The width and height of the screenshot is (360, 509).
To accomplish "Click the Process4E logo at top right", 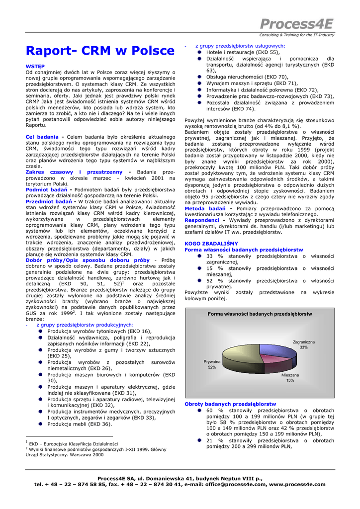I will [x=297, y=24].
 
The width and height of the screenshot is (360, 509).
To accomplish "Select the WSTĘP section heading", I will [x=35, y=66].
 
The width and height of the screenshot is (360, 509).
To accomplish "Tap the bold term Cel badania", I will [x=42, y=137].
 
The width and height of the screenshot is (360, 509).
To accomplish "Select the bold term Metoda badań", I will [x=205, y=208].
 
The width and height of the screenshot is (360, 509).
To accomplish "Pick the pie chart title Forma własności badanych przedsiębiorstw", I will [x=260, y=314].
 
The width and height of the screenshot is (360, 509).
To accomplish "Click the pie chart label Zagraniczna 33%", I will [x=303, y=344].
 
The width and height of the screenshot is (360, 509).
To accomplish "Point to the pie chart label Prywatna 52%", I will [x=212, y=364].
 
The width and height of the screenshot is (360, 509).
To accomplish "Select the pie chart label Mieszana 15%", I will [x=290, y=377].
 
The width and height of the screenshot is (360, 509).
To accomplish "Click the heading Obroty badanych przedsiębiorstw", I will [x=230, y=404].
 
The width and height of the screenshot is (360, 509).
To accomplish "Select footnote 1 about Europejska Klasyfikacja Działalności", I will [x=72, y=443].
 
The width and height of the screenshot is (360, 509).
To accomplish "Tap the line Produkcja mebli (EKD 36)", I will [x=80, y=424].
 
